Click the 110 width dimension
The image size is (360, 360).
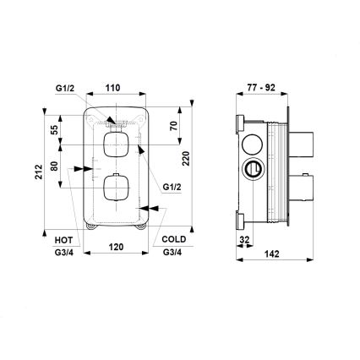coord(112,86)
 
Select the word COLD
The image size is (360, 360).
coord(172,240)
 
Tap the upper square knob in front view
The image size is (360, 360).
coord(115,145)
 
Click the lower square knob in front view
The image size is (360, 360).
coord(115,187)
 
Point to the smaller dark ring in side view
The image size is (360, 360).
coord(250,170)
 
